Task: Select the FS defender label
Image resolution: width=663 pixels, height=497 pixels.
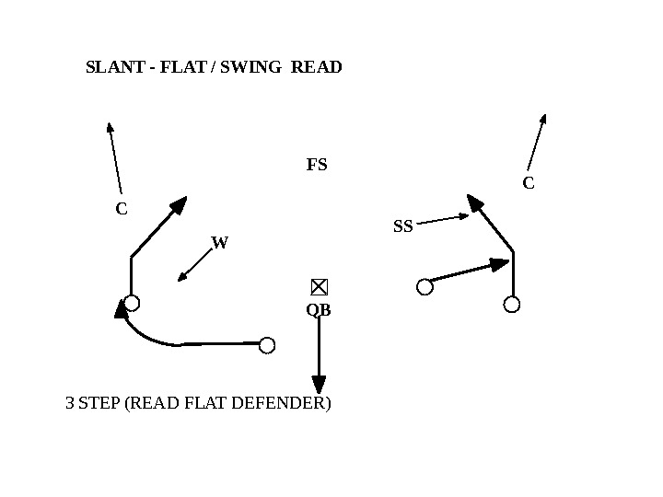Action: point(317,166)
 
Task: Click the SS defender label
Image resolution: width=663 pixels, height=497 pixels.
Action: point(403,225)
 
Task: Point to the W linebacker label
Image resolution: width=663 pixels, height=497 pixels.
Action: point(219,243)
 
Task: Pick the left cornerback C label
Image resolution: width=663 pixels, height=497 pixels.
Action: point(121,209)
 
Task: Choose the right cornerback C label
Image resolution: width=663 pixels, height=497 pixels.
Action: point(529,183)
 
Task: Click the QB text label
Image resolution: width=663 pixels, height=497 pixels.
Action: point(319,311)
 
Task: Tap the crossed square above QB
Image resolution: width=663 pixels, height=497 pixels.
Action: point(320,286)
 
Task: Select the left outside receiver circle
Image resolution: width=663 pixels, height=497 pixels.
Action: point(132,303)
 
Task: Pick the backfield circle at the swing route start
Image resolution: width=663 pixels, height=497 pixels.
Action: point(267,345)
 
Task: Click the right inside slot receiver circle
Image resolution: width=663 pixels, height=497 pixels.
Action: point(425,287)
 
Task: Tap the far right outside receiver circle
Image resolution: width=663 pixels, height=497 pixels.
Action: point(512,304)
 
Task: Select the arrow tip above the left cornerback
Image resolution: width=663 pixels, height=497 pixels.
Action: point(109,126)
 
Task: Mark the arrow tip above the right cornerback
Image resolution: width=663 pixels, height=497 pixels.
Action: point(544,118)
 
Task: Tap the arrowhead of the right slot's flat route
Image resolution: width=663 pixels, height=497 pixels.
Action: point(501,264)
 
